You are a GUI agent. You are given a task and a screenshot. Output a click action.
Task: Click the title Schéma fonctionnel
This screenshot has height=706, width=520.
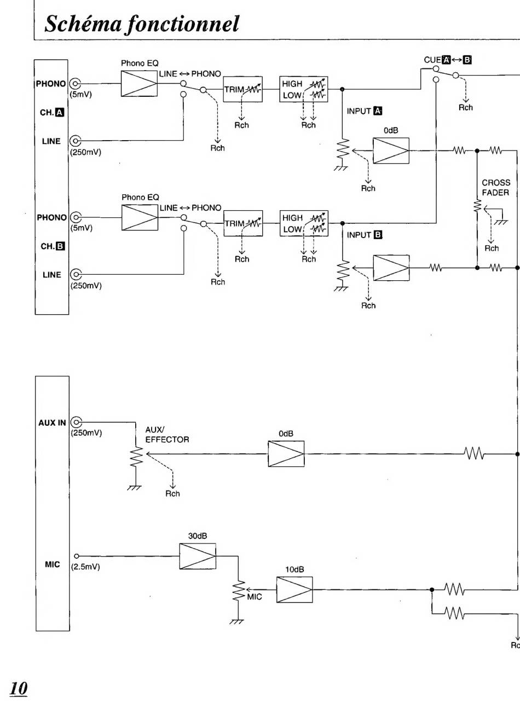click(x=142, y=24)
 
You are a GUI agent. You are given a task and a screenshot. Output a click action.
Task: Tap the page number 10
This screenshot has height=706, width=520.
click(x=18, y=688)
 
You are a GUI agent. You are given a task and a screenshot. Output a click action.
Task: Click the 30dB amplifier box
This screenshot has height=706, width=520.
click(x=198, y=556)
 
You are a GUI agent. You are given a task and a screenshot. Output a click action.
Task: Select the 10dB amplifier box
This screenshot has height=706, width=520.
click(x=294, y=589)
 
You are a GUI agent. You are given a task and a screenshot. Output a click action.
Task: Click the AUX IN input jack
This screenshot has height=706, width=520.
click(x=76, y=422)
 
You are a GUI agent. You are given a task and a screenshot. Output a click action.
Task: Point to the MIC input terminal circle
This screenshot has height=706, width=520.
click(x=76, y=556)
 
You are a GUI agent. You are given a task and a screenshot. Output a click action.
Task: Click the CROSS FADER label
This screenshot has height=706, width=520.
click(x=496, y=188)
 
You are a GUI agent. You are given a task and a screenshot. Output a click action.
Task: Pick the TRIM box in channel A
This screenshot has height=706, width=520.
click(x=242, y=89)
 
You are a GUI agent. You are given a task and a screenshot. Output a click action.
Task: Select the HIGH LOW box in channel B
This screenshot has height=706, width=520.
click(x=304, y=223)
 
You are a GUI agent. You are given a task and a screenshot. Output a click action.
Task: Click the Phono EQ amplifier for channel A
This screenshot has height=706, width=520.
click(x=139, y=84)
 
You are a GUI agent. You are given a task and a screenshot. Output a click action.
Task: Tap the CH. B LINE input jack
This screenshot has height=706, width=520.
click(x=76, y=274)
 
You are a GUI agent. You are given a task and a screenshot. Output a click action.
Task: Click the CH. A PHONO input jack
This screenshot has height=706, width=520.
click(x=75, y=84)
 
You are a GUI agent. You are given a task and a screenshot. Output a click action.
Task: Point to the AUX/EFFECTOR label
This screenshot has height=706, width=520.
click(x=167, y=435)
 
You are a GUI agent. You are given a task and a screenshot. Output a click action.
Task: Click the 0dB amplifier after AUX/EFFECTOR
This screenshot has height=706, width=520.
click(x=286, y=454)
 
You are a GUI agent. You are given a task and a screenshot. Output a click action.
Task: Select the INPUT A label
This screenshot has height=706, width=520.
click(x=365, y=111)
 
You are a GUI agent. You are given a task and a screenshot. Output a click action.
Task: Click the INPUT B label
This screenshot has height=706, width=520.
click(x=365, y=235)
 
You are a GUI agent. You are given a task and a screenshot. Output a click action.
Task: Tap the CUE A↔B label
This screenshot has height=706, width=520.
click(x=448, y=60)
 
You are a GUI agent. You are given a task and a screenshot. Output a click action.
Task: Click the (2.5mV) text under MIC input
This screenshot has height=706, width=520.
click(x=85, y=566)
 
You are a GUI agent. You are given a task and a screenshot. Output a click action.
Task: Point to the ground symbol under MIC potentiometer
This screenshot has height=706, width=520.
click(x=237, y=622)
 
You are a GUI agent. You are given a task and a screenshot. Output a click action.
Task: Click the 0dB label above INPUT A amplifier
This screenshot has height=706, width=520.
click(x=391, y=130)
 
